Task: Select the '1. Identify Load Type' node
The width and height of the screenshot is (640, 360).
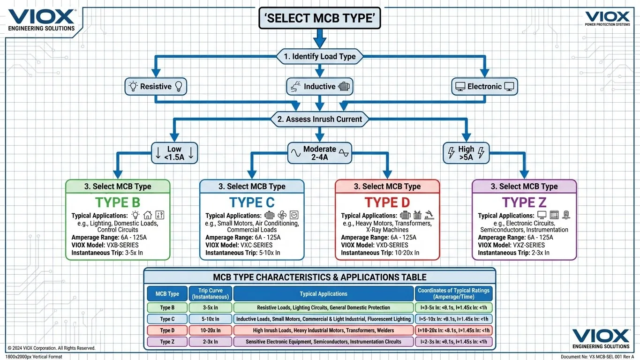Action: coord(319,57)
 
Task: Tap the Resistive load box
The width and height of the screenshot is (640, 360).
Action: coord(156,87)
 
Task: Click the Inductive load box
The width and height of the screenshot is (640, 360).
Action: coord(319,87)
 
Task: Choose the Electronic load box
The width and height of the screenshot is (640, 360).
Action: coord(484,87)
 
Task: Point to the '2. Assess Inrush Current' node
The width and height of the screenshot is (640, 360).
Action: coord(319,119)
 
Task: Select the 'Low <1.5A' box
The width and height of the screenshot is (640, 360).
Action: coord(174,153)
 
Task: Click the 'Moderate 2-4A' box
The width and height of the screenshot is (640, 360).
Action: coord(319,153)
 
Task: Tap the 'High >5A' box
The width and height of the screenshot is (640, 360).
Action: coord(466,153)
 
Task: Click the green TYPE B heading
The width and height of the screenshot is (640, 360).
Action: coord(118,202)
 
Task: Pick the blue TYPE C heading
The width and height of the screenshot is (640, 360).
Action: coord(252,202)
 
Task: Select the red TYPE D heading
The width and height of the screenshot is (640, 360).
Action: coord(387,202)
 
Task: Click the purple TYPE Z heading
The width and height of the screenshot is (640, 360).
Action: coord(524,202)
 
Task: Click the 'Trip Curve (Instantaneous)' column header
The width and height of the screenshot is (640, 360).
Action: coord(211,293)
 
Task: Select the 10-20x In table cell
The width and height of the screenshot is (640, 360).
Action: coord(211,330)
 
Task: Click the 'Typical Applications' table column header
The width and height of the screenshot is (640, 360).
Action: coord(324,294)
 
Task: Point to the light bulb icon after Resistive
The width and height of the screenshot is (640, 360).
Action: coord(178,86)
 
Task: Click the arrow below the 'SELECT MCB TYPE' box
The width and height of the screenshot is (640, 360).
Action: coord(319,38)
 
